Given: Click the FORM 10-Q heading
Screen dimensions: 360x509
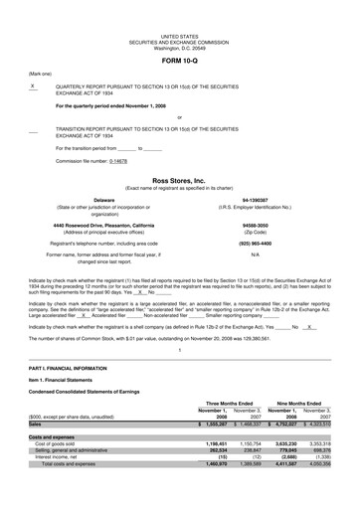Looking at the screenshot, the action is (x=180, y=62).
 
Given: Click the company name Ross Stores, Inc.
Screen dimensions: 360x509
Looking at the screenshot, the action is (x=179, y=181).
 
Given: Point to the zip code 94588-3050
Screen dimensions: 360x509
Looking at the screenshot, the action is (x=255, y=225).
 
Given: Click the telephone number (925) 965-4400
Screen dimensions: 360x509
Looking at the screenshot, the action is (x=255, y=243).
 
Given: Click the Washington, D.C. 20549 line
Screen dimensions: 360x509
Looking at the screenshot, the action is (x=180, y=47).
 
